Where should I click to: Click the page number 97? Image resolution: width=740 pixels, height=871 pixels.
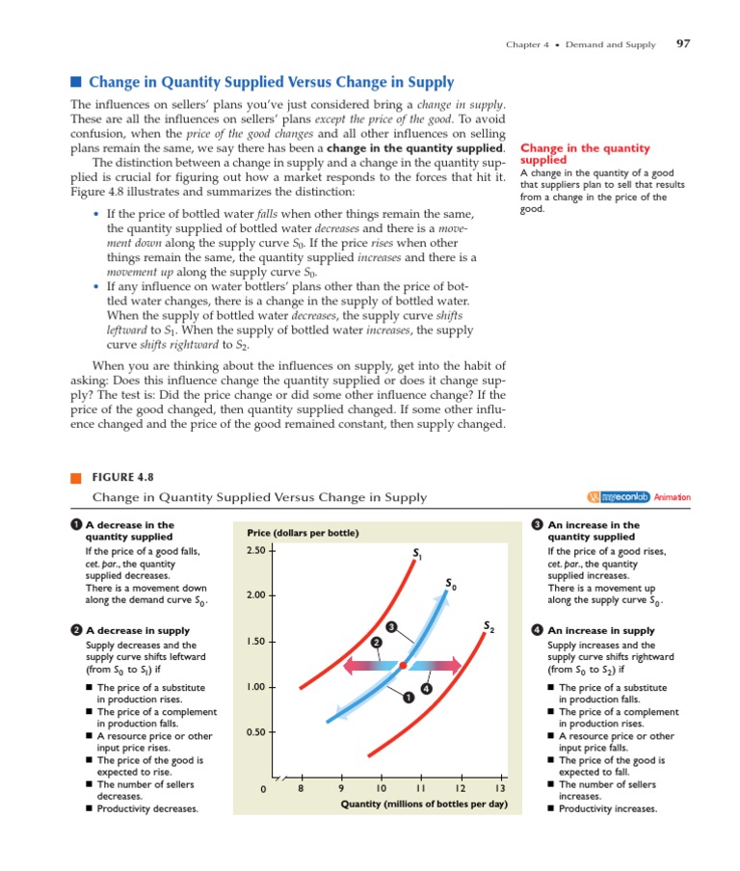coord(683,44)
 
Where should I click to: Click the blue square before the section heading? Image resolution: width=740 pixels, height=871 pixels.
coord(76,83)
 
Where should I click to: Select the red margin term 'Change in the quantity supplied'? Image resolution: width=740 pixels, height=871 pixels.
coord(585,154)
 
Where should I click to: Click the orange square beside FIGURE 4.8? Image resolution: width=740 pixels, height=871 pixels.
coord(76,477)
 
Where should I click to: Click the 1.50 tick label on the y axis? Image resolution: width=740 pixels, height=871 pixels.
coord(255,642)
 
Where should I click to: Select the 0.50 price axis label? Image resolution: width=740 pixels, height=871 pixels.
coord(255,732)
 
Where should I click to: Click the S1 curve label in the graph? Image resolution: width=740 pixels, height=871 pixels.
coord(417,553)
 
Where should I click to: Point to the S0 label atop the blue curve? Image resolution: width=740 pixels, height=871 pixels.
coord(451,584)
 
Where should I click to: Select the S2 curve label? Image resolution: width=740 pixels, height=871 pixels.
coord(489,628)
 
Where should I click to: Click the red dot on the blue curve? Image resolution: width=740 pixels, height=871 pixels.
coord(402,665)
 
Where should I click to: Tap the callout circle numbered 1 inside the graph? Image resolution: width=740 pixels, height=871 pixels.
coord(410,698)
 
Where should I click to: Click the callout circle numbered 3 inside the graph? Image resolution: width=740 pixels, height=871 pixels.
coord(391,628)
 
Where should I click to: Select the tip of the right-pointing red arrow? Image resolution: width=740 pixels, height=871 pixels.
coord(462,665)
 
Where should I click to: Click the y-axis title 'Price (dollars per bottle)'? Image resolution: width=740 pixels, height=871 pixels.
coord(303,533)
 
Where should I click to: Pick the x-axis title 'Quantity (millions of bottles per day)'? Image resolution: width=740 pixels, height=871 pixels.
coord(424,804)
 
